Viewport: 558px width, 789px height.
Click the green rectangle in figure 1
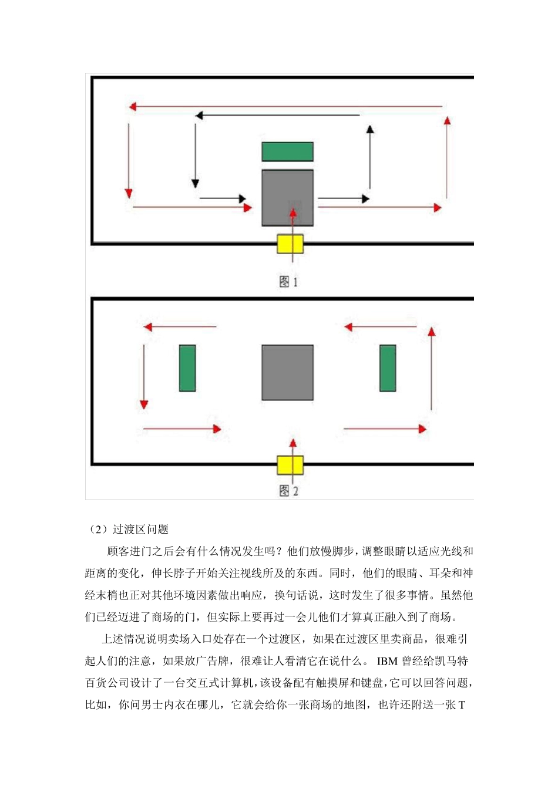(x=287, y=151)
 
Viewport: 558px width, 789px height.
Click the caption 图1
(x=288, y=282)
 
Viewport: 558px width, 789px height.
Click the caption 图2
(x=288, y=491)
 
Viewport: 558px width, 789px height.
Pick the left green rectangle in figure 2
(x=187, y=368)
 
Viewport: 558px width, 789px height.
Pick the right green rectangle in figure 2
(x=388, y=368)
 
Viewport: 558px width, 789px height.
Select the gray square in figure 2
(x=287, y=373)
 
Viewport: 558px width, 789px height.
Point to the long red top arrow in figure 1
(x=285, y=107)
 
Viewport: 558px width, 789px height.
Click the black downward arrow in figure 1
(x=196, y=156)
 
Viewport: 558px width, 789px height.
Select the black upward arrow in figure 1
(x=369, y=157)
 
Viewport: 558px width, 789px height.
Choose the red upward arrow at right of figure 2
(x=432, y=369)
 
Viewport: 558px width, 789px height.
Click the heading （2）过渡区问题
(x=129, y=530)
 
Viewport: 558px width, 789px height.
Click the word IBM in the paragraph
(x=387, y=662)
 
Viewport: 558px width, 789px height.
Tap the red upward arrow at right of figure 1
(x=448, y=157)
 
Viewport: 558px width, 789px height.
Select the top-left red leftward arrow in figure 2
(x=180, y=327)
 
